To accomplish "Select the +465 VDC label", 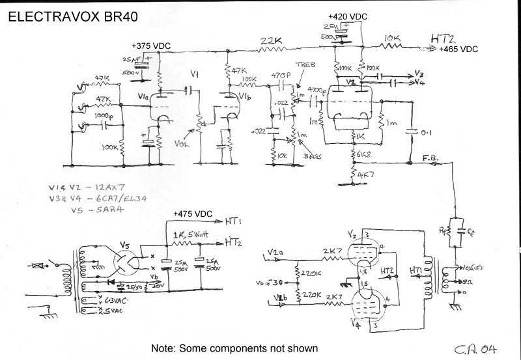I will [459, 49].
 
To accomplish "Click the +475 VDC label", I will [195, 214].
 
